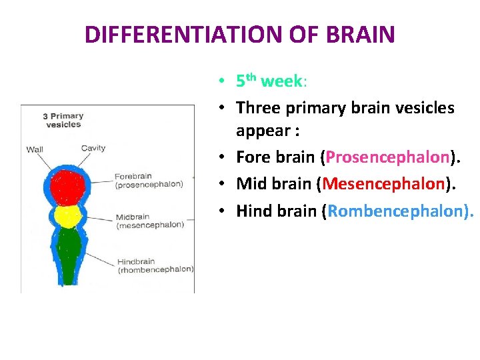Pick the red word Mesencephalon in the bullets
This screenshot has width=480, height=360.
pyautogui.click(x=383, y=183)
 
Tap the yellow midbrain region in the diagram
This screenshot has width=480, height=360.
pyautogui.click(x=67, y=216)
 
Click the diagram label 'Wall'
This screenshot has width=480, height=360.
pyautogui.click(x=35, y=149)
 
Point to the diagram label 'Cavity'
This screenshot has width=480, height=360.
pyautogui.click(x=93, y=148)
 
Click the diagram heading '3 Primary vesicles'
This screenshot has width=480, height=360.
pyautogui.click(x=63, y=120)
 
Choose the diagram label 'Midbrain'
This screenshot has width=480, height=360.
pyautogui.click(x=133, y=217)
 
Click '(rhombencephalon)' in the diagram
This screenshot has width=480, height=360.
pyautogui.click(x=155, y=270)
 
